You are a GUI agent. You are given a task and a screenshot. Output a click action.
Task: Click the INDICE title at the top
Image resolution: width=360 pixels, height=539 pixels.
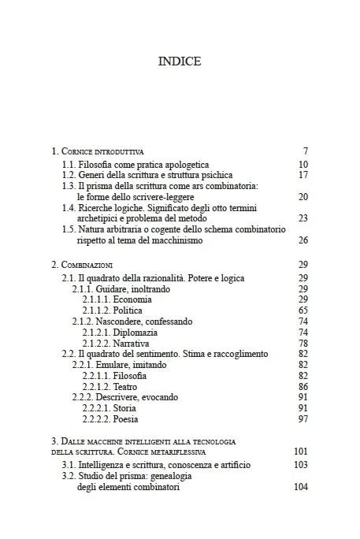point(180,61)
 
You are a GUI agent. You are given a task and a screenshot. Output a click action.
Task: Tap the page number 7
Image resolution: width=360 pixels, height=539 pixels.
point(305,151)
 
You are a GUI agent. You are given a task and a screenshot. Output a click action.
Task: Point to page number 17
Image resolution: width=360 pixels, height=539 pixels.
point(302,174)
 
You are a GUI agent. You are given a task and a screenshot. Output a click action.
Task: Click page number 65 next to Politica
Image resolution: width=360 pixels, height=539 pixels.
point(302,311)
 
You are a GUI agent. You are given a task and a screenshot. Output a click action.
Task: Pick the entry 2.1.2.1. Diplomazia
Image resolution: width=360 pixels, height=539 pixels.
point(120,333)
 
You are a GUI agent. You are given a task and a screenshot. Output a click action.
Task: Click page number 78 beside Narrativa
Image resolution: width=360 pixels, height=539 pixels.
point(302,344)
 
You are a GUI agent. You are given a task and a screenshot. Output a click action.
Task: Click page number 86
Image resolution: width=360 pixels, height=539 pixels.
point(302,387)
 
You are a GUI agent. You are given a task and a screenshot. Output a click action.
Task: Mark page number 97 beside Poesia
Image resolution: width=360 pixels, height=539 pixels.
point(302,419)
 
